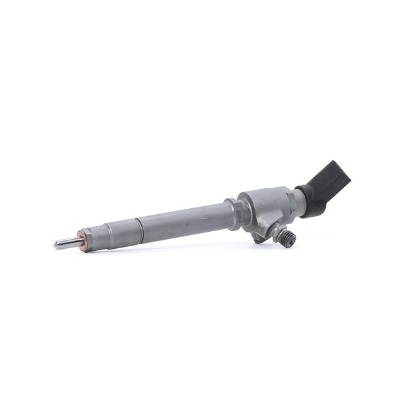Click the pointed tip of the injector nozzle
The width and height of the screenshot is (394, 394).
(55, 245)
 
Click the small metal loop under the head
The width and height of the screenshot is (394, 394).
(259, 237)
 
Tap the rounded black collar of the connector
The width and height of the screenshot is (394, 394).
(314, 200)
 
